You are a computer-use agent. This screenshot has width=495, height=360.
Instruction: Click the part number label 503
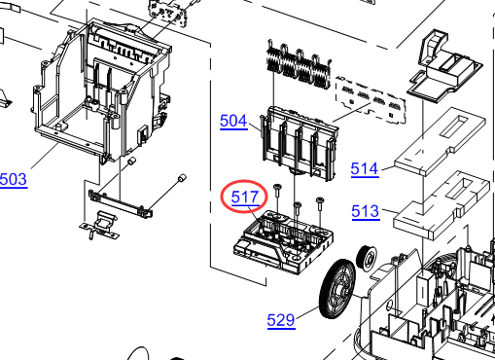(x=14, y=179)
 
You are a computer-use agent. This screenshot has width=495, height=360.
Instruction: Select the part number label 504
(x=233, y=122)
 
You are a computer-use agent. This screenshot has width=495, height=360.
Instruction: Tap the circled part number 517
(x=245, y=197)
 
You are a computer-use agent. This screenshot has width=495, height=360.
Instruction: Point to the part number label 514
(x=365, y=169)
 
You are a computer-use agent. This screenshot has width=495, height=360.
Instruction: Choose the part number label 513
(x=366, y=211)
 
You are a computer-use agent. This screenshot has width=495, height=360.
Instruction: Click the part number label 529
(x=281, y=320)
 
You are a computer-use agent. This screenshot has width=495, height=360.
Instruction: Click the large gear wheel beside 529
(x=337, y=289)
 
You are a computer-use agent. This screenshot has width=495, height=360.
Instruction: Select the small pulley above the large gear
(x=367, y=258)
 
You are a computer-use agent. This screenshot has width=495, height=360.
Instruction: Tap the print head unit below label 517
(x=284, y=241)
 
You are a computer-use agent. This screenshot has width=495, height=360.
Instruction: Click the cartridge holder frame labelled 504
(x=300, y=144)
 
